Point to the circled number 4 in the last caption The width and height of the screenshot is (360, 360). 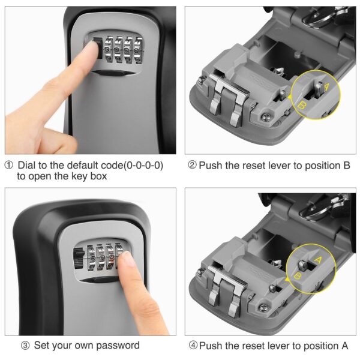[x=192, y=346]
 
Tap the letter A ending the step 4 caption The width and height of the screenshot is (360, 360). [x=344, y=346]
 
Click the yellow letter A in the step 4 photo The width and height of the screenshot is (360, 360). [x=318, y=260]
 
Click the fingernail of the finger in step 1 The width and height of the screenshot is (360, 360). [x=93, y=50]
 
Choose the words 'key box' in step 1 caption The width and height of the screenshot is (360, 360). [x=89, y=176]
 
